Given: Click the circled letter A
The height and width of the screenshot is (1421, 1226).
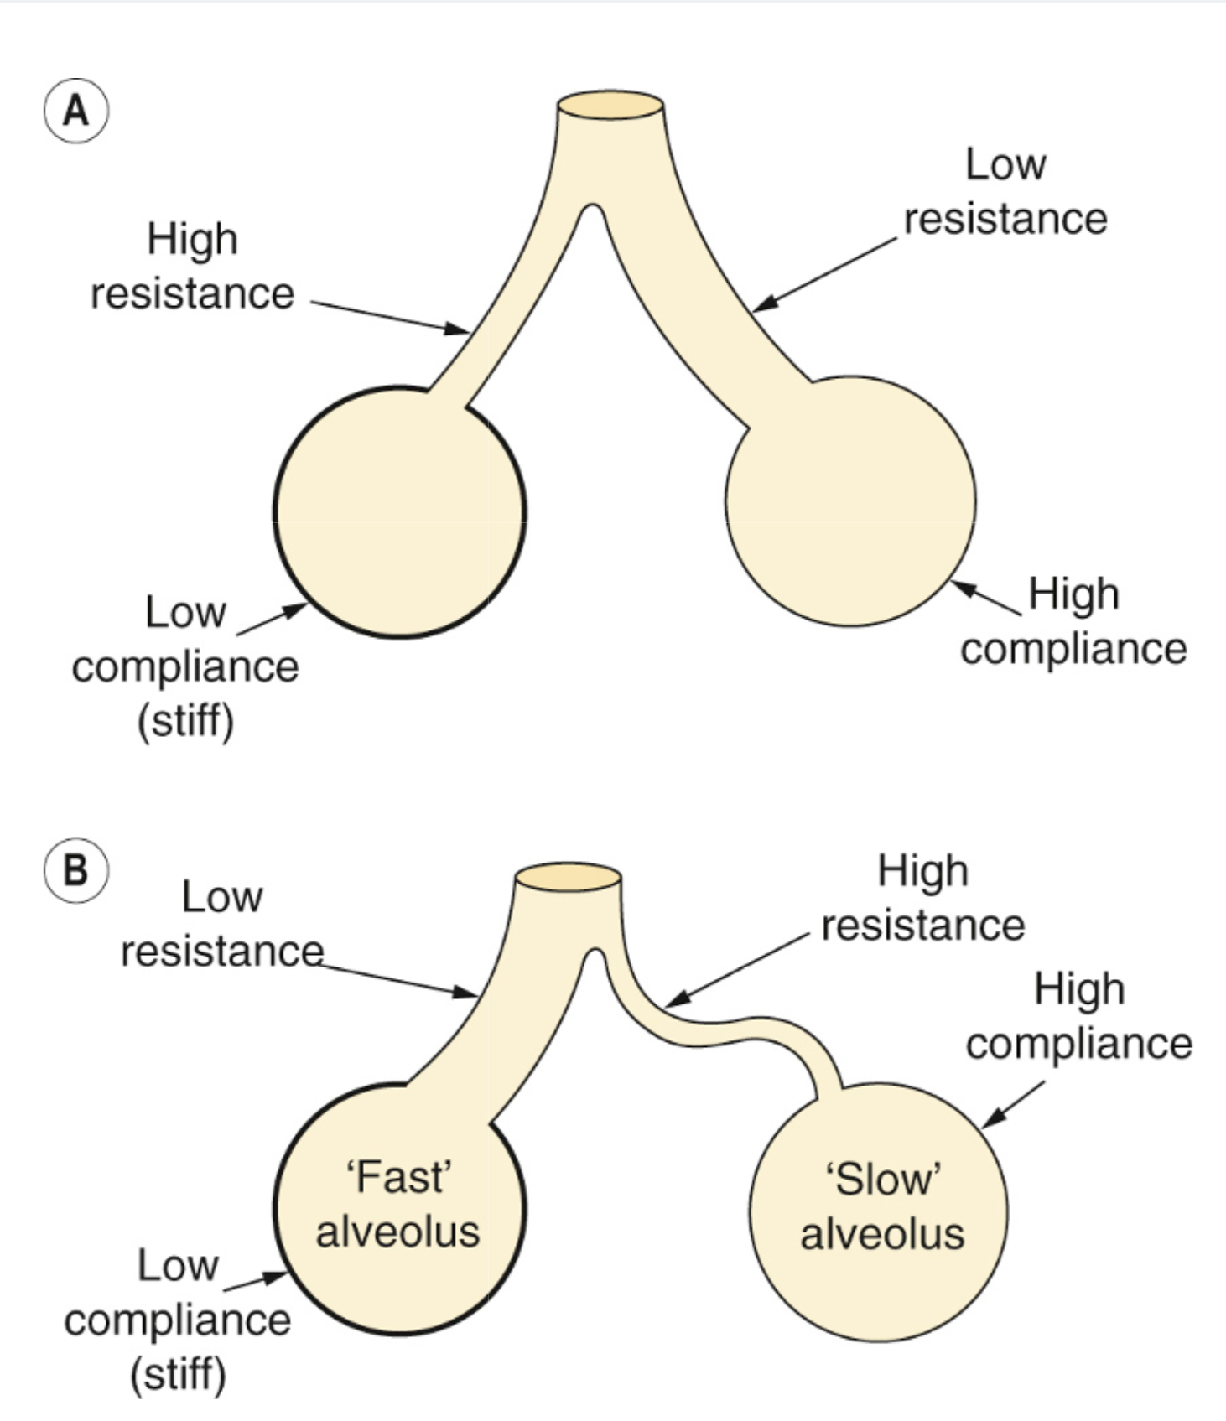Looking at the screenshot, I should pyautogui.click(x=75, y=111).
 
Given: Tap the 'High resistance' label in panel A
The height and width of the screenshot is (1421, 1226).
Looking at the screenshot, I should pyautogui.click(x=192, y=267).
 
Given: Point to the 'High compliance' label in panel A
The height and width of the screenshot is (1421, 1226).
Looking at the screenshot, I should pyautogui.click(x=1073, y=621).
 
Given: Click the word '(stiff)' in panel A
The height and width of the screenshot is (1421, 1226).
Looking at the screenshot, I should pyautogui.click(x=185, y=721).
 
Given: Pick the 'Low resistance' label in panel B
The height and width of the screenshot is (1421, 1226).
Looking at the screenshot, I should pyautogui.click(x=222, y=924).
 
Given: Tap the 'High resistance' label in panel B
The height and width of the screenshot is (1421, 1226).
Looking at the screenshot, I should pyautogui.click(x=922, y=898).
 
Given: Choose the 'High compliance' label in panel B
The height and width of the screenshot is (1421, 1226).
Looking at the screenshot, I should pyautogui.click(x=1078, y=1016).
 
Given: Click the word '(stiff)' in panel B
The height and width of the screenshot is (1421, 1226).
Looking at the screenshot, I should pyautogui.click(x=178, y=1375).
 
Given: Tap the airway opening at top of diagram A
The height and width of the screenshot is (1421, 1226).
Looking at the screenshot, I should pyautogui.click(x=610, y=106).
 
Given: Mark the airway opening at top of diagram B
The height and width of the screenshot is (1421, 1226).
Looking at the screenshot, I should pyautogui.click(x=568, y=877).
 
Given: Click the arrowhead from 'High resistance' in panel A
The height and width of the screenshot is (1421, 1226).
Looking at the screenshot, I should pyautogui.click(x=459, y=329).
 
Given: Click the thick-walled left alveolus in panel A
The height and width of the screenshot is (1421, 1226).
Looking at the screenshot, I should pyautogui.click(x=400, y=513).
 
